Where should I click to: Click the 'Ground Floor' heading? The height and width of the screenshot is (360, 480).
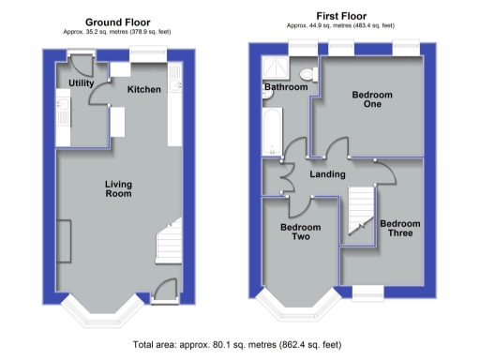click(x=118, y=22)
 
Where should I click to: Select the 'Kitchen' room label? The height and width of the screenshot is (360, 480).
click(x=144, y=89)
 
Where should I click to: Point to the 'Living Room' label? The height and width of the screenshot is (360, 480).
click(x=117, y=188)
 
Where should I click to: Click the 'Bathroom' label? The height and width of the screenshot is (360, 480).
click(x=286, y=87)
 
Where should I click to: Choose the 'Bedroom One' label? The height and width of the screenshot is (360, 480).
click(x=371, y=101)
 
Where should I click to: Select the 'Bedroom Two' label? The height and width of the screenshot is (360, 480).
click(x=300, y=232)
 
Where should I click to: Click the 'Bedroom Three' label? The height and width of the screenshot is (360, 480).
click(x=400, y=228)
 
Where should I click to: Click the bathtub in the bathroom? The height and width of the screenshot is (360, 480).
click(x=271, y=130)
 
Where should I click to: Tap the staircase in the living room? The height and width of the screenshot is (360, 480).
click(x=169, y=243)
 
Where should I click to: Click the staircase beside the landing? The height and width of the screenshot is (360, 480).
click(x=360, y=211)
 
